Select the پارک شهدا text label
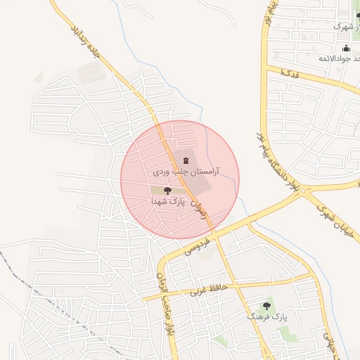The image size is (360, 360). [167, 200]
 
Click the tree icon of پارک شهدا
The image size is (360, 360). [167, 190]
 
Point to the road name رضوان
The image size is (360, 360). [205, 210]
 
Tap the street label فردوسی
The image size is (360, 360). [199, 240]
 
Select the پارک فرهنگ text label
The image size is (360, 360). [265, 317]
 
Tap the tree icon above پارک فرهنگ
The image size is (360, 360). [266, 306]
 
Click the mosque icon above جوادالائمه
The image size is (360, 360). [346, 48]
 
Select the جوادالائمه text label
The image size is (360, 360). [334, 58]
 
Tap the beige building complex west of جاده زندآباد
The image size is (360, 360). [90, 72]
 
